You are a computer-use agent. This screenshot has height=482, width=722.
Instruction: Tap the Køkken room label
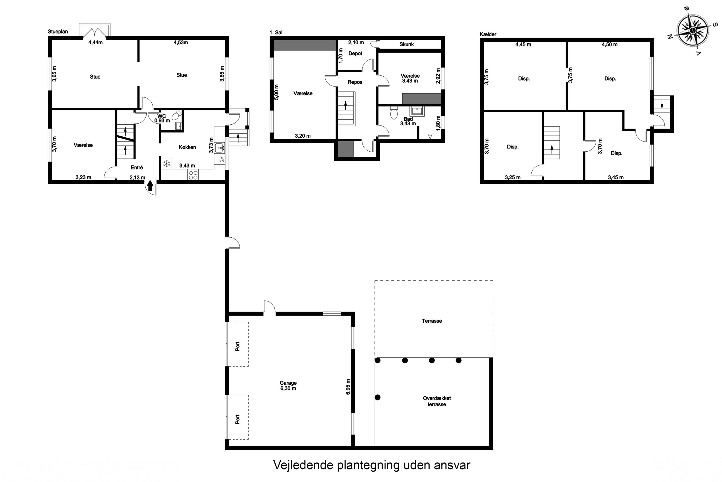click(187, 147)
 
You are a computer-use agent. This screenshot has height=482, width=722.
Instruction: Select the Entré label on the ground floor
click(137, 167)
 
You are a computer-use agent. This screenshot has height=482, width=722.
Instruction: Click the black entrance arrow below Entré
click(150, 186)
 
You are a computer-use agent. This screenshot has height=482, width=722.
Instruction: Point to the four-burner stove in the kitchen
click(193, 175)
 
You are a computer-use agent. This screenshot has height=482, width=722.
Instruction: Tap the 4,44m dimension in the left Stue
click(96, 43)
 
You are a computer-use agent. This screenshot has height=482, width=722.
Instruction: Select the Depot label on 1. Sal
click(355, 54)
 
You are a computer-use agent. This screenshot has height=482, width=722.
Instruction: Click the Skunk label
click(406, 44)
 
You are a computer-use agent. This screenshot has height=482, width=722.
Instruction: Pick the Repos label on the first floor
click(355, 82)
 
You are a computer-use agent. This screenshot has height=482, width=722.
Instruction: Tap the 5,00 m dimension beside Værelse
click(277, 92)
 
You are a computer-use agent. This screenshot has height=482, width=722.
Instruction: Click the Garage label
click(288, 383)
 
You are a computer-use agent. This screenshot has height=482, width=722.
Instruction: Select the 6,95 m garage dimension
click(348, 387)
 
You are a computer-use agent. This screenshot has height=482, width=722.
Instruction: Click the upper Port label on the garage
click(238, 346)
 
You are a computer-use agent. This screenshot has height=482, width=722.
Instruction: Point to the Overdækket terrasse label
click(437, 401)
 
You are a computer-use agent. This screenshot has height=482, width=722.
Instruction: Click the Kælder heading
click(488, 34)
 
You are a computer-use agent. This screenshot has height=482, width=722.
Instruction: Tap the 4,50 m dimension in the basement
click(609, 45)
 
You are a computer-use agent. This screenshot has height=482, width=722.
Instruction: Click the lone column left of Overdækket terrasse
click(378, 397)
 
